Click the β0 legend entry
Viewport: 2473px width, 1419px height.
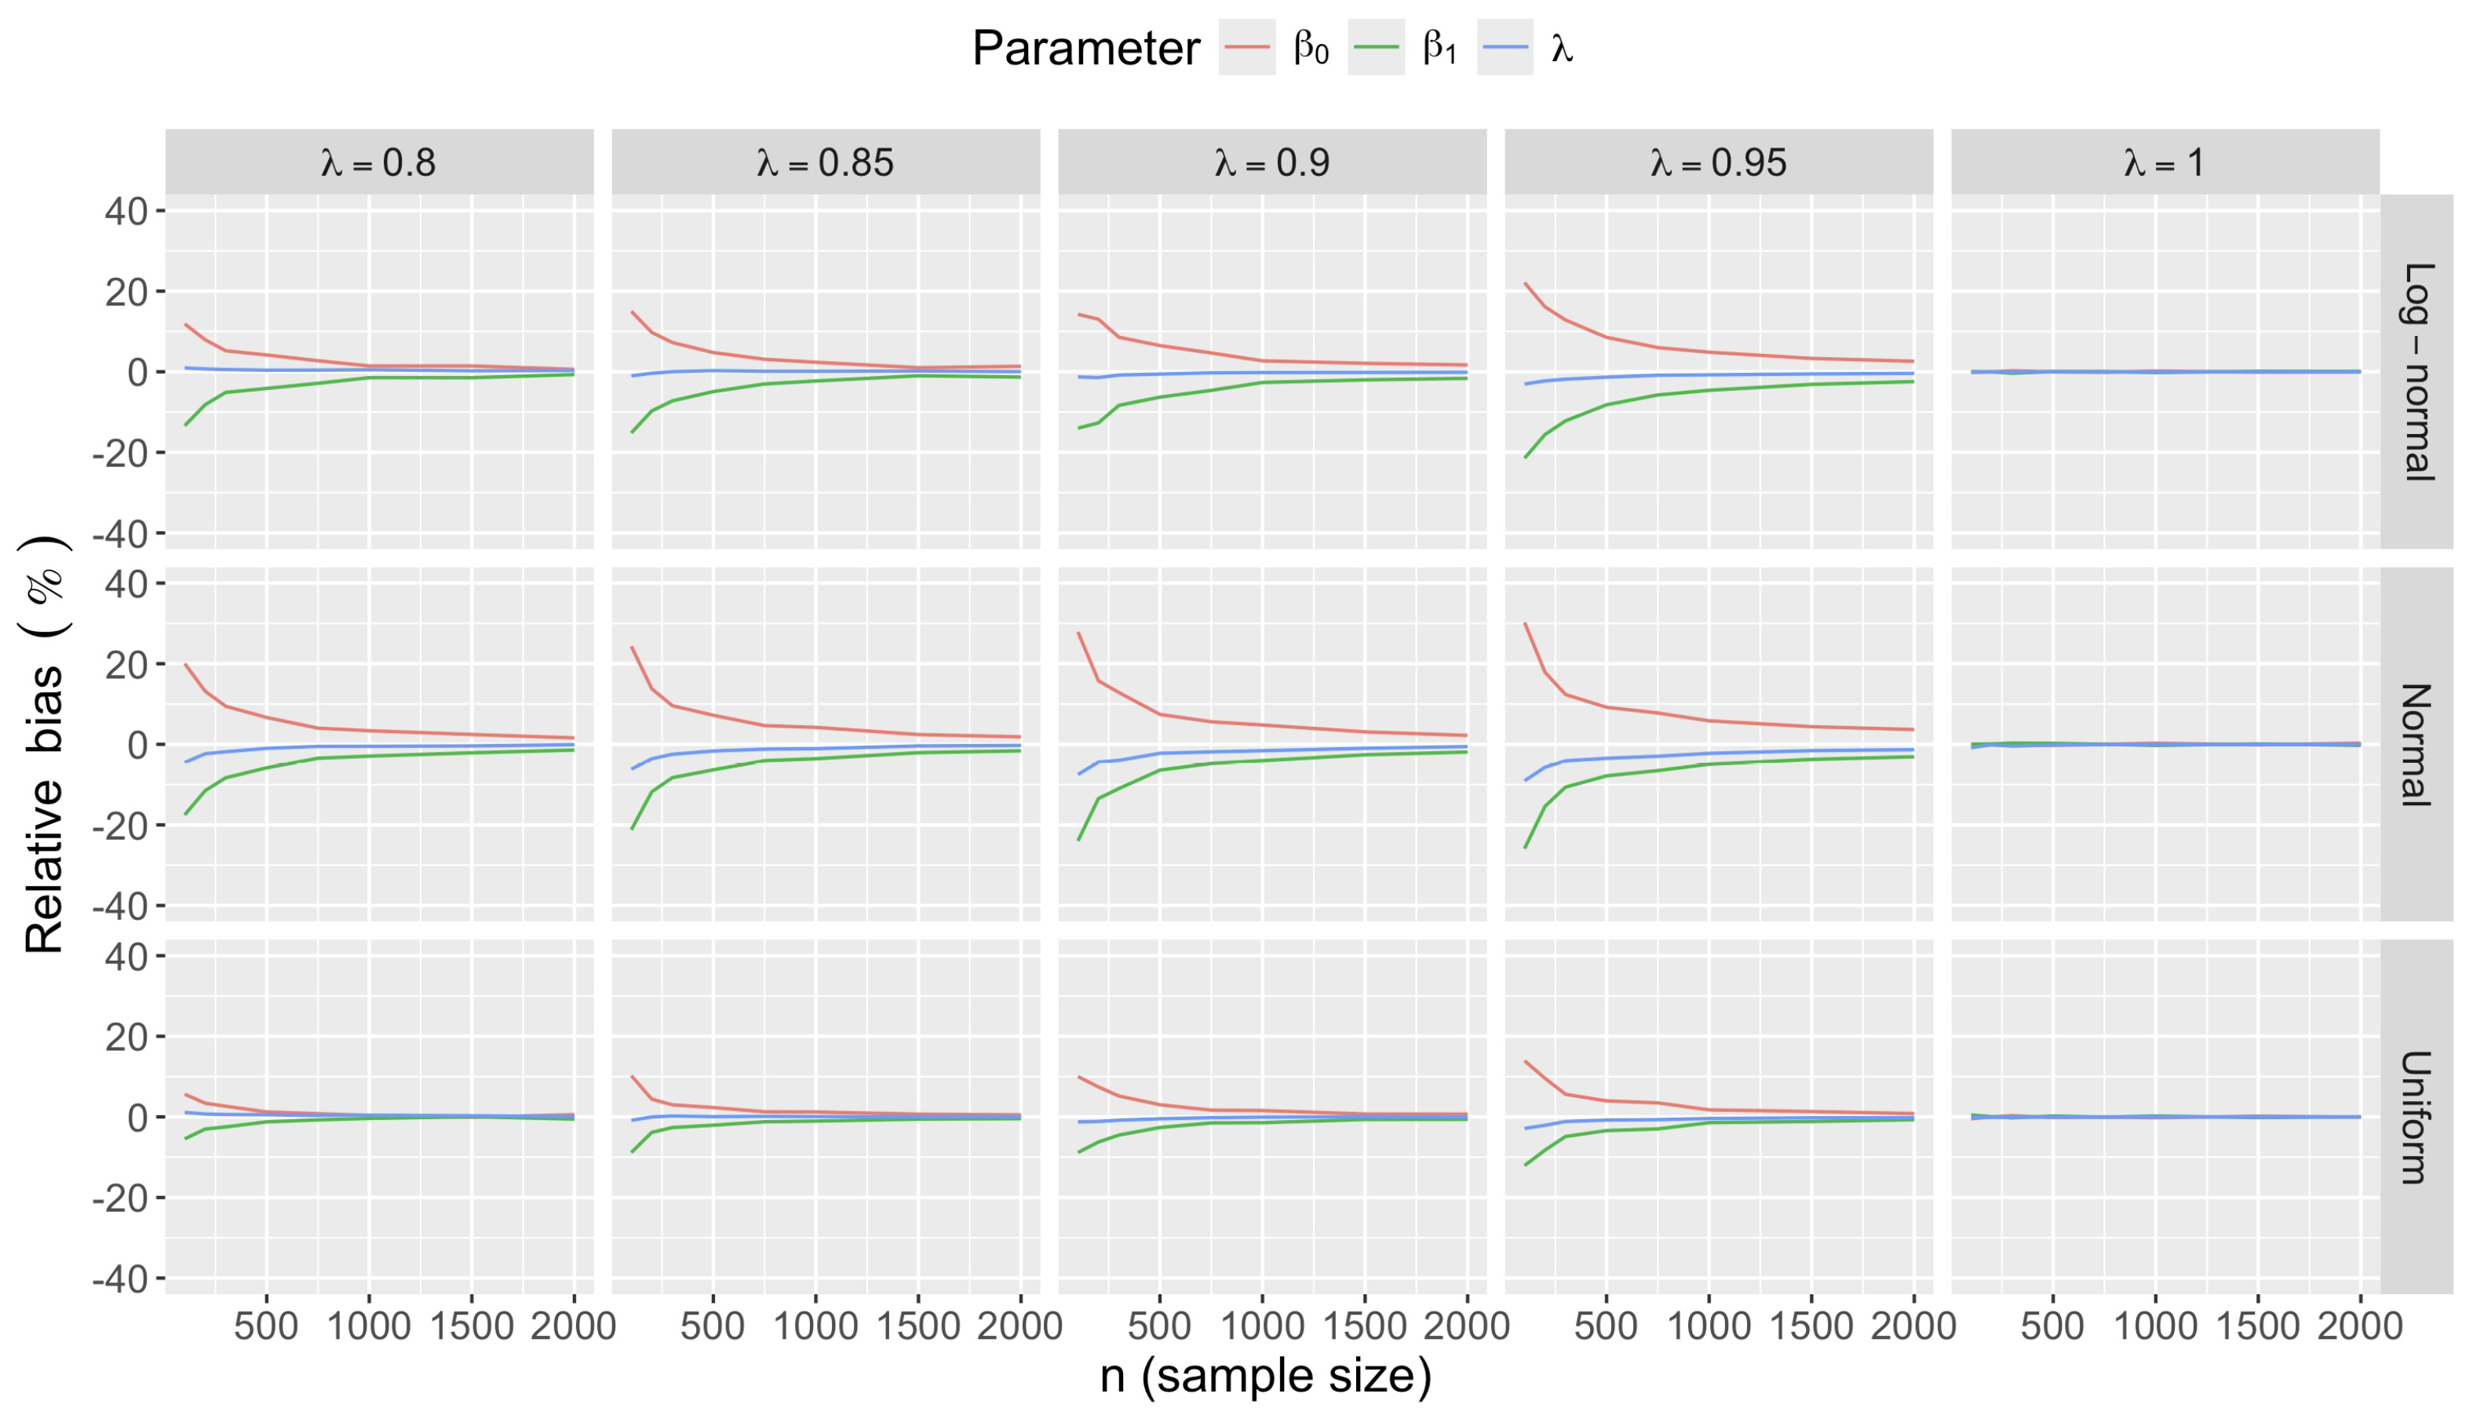[1276, 47]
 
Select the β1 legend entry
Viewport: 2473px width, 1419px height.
[1406, 47]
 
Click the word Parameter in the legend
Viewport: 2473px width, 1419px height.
[1085, 48]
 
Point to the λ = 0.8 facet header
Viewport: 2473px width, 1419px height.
[379, 162]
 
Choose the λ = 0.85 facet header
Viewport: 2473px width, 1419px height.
[826, 162]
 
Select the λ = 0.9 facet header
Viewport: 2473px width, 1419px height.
[1271, 162]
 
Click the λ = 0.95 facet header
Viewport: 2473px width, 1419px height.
[1719, 162]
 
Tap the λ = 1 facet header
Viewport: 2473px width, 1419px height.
[2164, 162]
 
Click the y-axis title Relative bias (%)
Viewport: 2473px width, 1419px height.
[45, 745]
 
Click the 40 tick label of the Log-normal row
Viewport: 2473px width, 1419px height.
[126, 211]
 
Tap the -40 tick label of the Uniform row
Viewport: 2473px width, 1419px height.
[119, 1279]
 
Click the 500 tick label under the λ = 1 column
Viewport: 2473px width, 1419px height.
[2052, 1326]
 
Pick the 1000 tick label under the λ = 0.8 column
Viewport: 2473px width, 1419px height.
[368, 1326]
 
